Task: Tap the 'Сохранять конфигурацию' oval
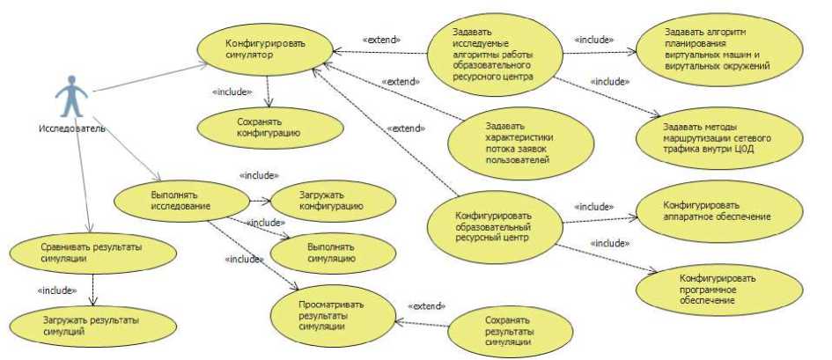pos(257,127)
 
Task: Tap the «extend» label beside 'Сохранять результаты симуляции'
pos(426,305)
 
